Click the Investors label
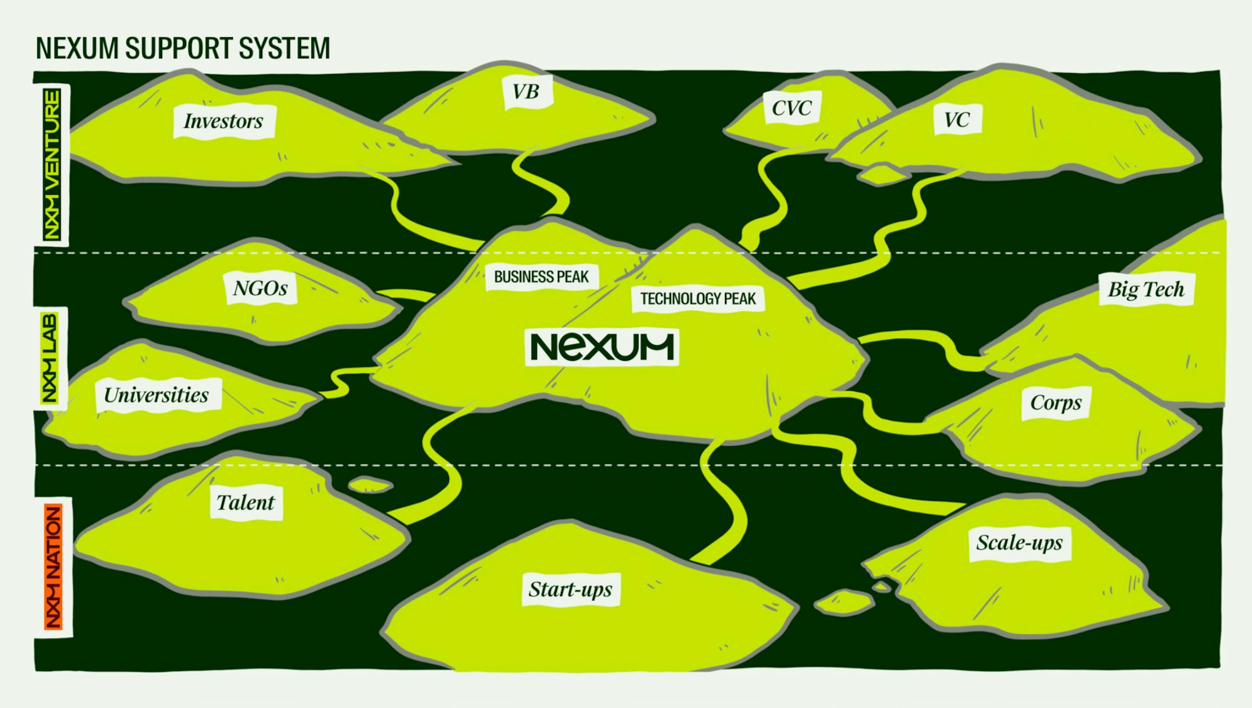[x=223, y=121]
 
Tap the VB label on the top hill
[x=525, y=92]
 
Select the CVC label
[x=791, y=108]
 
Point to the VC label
[x=957, y=120]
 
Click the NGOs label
[x=260, y=288]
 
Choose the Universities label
[x=156, y=395]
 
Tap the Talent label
[x=245, y=503]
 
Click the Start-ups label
[x=570, y=589]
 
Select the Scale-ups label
[x=1019, y=542]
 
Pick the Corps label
[x=1055, y=403]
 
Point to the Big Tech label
[x=1146, y=289]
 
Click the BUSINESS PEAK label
[x=541, y=277]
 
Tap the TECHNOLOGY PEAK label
[x=697, y=299]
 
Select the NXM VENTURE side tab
[x=52, y=164]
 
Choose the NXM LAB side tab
[x=50, y=358]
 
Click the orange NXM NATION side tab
[x=53, y=567]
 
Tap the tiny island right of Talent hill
[x=370, y=485]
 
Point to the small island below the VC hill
[x=882, y=174]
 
